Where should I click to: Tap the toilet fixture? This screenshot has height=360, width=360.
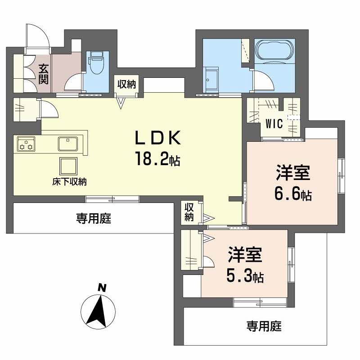[x=96, y=63]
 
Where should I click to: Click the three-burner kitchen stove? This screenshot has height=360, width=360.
[x=26, y=144]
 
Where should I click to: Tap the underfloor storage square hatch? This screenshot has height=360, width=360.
[x=69, y=166]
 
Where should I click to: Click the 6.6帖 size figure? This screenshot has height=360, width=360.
[x=293, y=194]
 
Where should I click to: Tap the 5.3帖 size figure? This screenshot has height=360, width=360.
[x=245, y=275]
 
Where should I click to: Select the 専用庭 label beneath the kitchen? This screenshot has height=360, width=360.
[x=93, y=219]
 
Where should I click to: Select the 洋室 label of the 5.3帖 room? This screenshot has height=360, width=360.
[x=244, y=255]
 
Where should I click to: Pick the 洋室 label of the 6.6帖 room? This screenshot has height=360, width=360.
[x=293, y=174]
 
